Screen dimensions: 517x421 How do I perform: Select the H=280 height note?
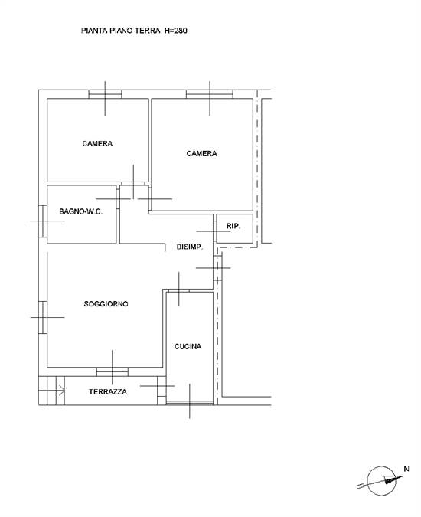click(x=176, y=31)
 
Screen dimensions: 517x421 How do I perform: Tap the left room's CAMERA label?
click(x=98, y=143)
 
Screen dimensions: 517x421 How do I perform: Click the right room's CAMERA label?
click(x=202, y=153)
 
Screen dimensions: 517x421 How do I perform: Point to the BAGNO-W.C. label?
click(x=81, y=211)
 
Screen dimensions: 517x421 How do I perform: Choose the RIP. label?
click(x=233, y=226)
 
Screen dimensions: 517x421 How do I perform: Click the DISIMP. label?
click(x=189, y=247)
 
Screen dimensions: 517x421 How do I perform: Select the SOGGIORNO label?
click(x=106, y=304)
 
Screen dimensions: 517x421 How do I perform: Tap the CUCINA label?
click(x=188, y=347)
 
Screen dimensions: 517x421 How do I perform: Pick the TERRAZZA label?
click(x=108, y=391)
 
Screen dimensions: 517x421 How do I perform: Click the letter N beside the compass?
click(x=406, y=469)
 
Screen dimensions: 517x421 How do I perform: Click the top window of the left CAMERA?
click(x=105, y=95)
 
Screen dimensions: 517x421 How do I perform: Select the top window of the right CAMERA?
click(x=210, y=95)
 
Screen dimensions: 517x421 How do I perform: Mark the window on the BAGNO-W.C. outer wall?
click(x=44, y=221)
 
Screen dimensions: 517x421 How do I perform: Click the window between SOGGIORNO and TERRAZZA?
click(x=112, y=371)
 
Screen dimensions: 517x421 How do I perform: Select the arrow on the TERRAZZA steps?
click(x=60, y=391)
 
